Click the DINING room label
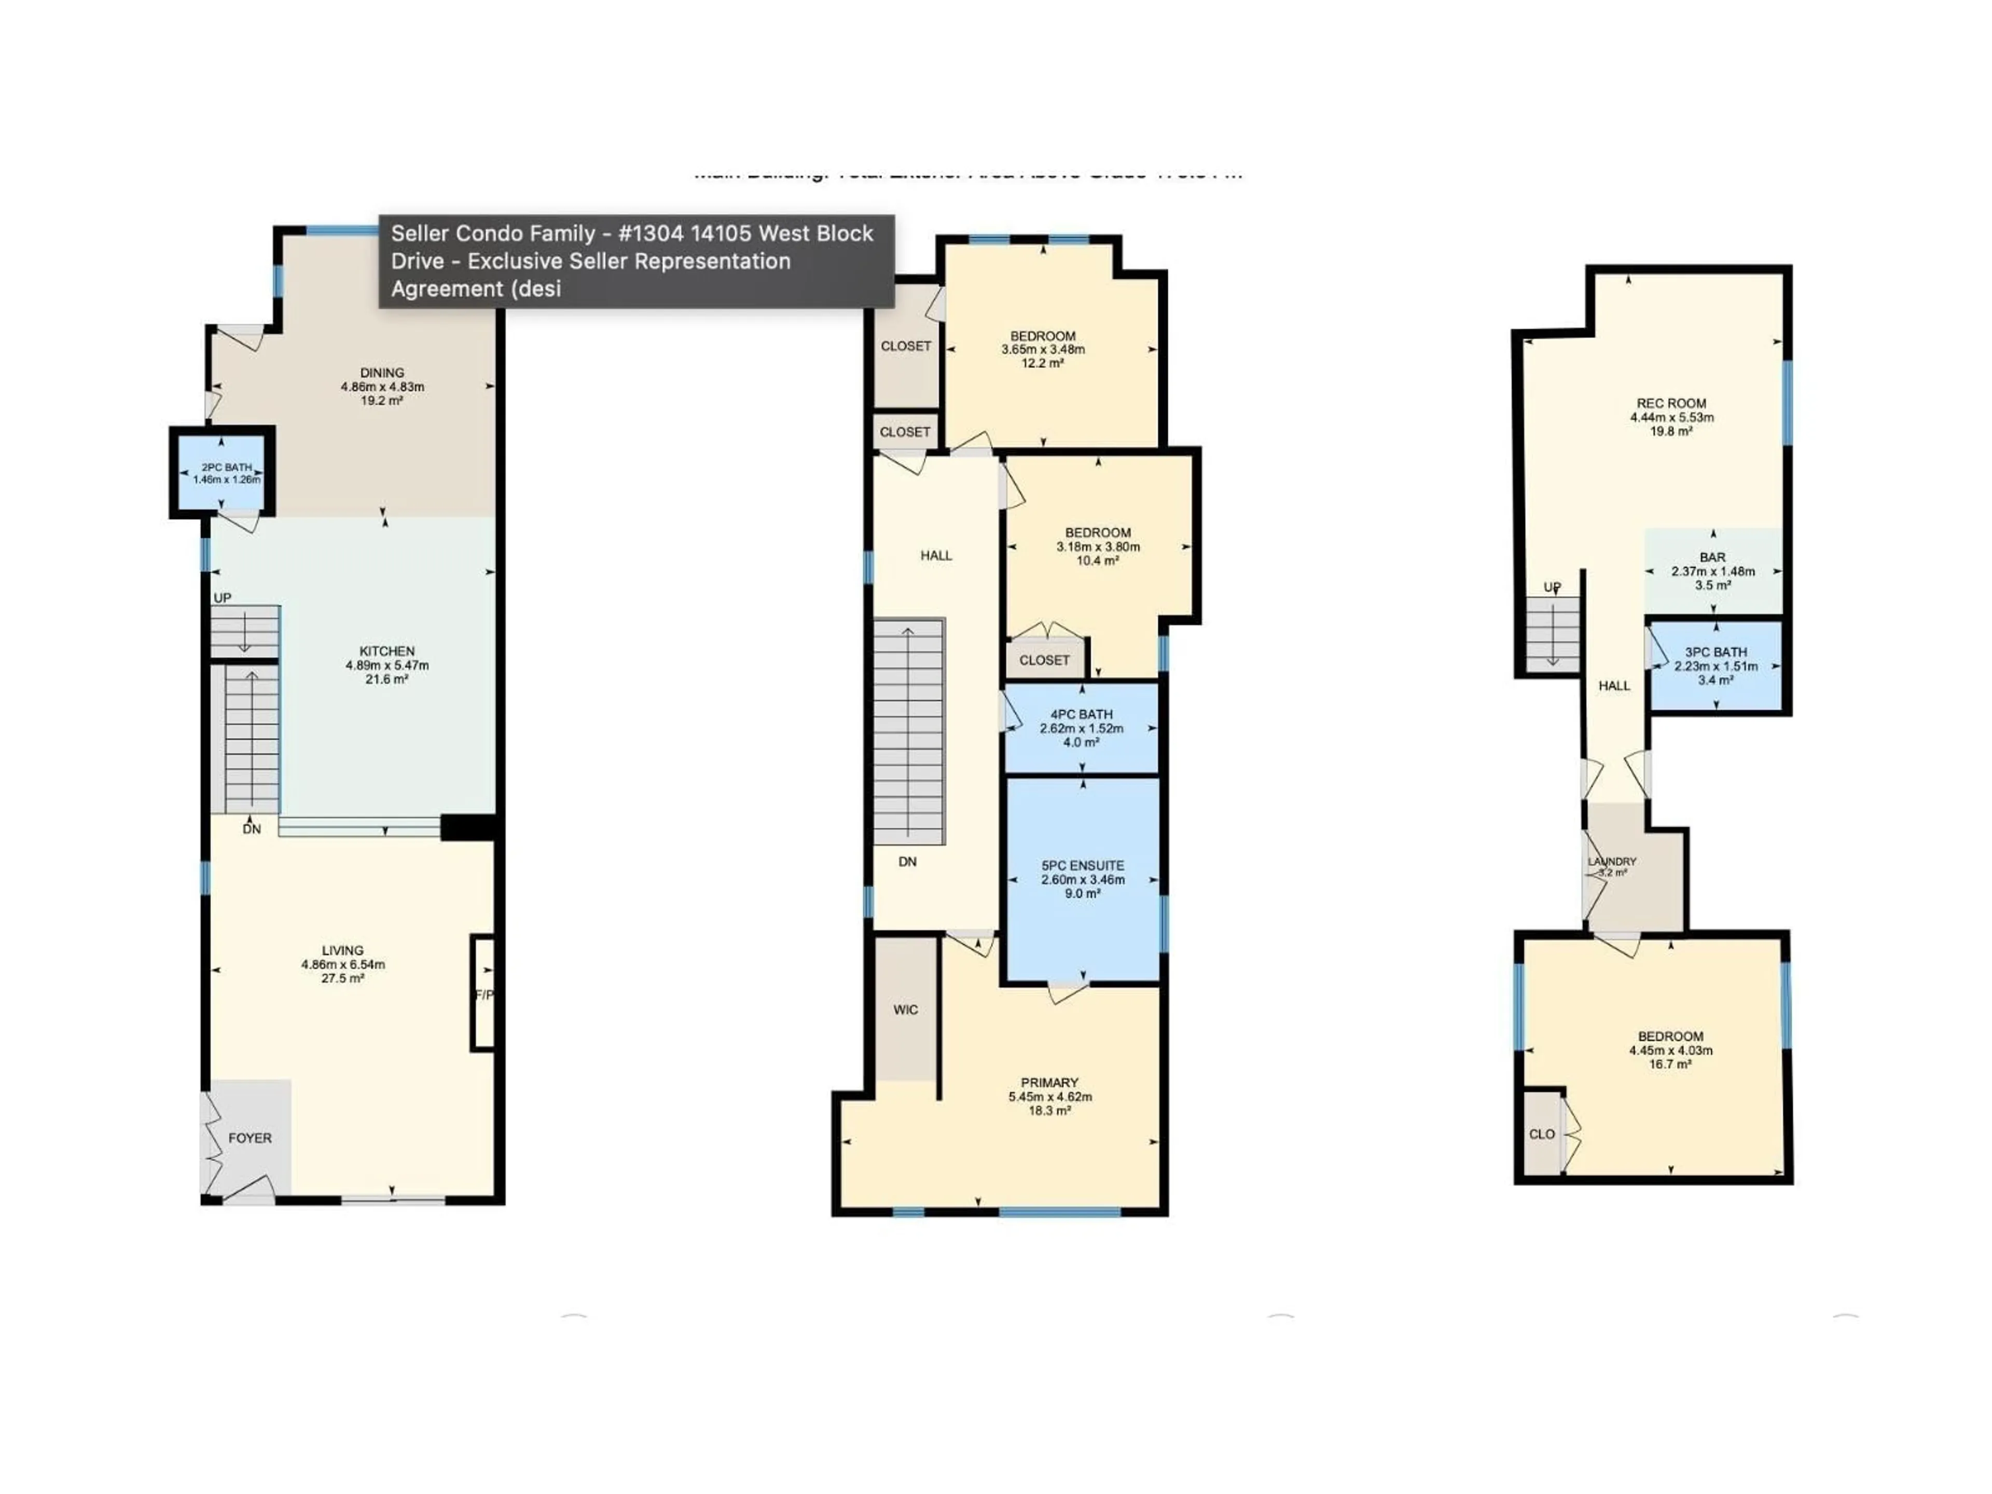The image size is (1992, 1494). (382, 372)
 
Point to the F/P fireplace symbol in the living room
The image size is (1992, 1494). (483, 994)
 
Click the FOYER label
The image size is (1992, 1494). (250, 1138)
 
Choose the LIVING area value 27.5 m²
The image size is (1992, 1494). (342, 978)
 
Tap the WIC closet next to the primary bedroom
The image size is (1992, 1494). (905, 1009)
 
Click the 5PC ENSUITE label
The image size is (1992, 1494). (1083, 865)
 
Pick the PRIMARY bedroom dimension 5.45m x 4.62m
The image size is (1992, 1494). (1050, 1097)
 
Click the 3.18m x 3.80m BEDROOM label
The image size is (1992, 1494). (1098, 532)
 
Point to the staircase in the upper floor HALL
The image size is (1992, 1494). (909, 731)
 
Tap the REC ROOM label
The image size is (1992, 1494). (1671, 404)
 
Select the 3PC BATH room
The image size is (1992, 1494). (1716, 666)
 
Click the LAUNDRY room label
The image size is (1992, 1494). (1612, 862)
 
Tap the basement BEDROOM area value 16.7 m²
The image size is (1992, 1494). (1670, 1063)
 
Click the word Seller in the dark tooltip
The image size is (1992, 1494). (419, 233)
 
